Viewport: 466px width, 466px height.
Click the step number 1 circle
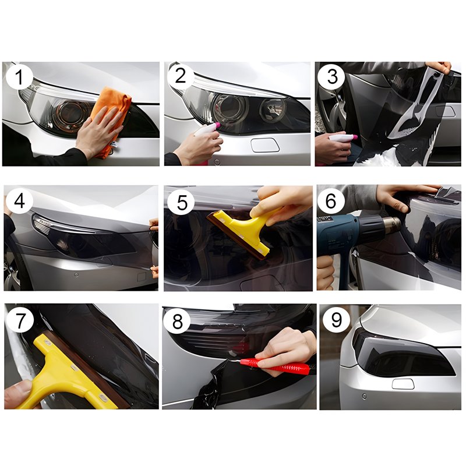click(19, 77)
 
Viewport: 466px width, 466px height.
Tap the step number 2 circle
click(181, 76)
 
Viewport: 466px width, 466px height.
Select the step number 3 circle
click(332, 77)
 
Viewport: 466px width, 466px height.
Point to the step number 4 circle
click(19, 201)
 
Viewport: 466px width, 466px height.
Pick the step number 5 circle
click(181, 202)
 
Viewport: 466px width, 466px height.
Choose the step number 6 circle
click(331, 201)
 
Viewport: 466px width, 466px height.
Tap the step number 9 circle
click(336, 320)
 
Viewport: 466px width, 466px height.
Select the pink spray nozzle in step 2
click(216, 125)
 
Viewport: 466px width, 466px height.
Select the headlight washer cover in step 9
click(403, 384)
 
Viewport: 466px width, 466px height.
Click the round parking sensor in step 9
click(364, 397)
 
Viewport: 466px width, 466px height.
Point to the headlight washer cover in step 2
click(265, 145)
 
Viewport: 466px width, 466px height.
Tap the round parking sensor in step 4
click(77, 274)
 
